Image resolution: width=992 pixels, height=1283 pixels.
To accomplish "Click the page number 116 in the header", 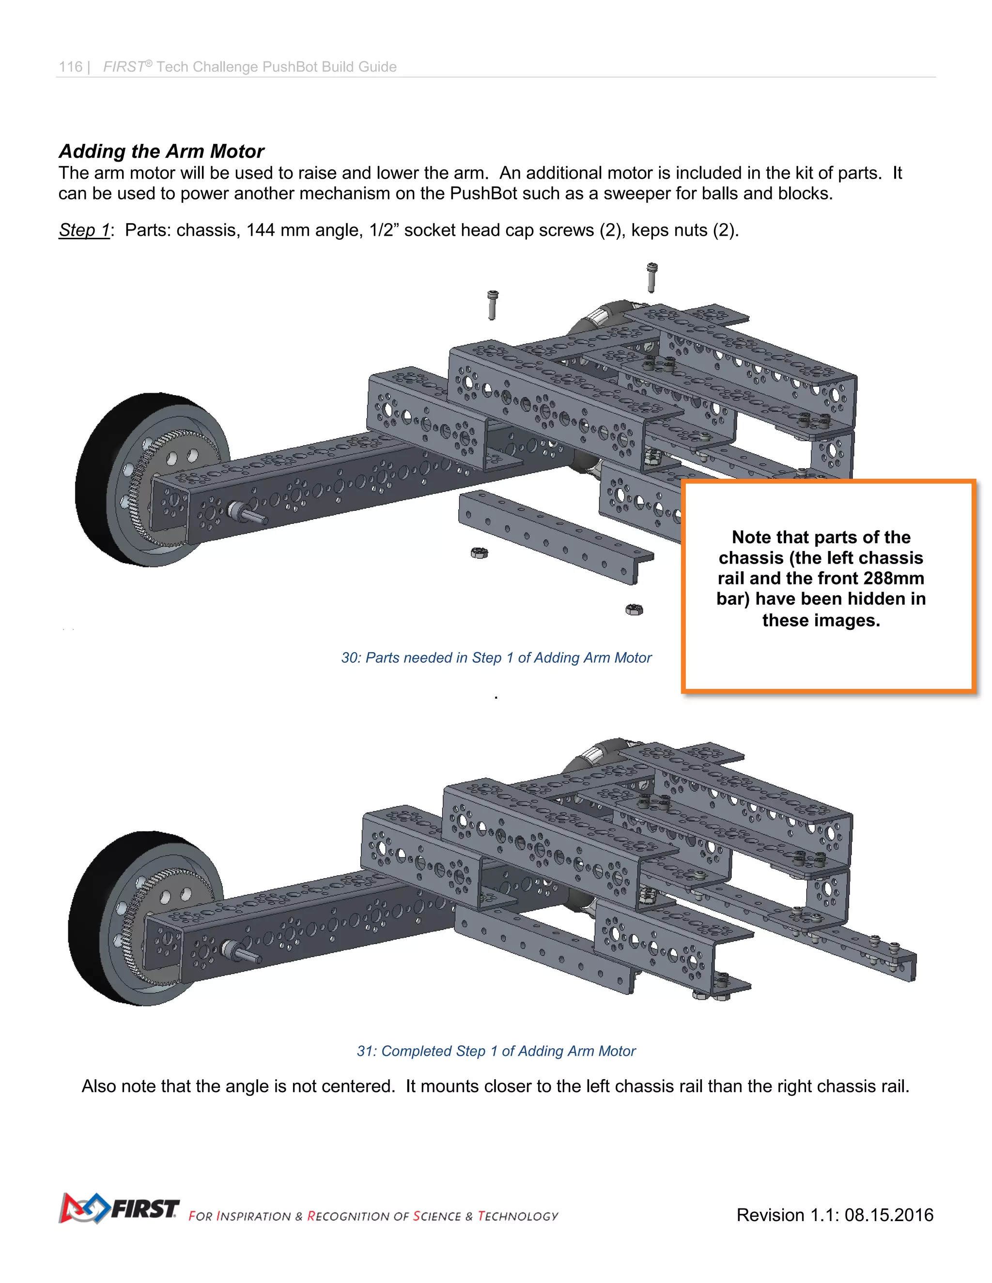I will (71, 67).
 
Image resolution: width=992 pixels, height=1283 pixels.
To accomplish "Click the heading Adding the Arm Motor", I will (162, 152).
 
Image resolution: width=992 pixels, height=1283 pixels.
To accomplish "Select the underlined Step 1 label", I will (84, 230).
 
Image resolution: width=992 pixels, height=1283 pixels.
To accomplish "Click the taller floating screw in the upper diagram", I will (651, 277).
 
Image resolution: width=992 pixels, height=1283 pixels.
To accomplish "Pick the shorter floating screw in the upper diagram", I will (493, 305).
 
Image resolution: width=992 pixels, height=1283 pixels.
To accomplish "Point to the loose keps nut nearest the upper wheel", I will (480, 553).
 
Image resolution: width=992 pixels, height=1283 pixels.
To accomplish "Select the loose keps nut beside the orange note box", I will (634, 610).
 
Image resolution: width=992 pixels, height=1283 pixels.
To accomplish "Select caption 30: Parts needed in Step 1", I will (496, 658).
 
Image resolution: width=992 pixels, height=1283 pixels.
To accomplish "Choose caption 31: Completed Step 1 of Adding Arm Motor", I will (496, 1051).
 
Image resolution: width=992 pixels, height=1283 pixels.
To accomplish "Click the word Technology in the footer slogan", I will (518, 1217).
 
